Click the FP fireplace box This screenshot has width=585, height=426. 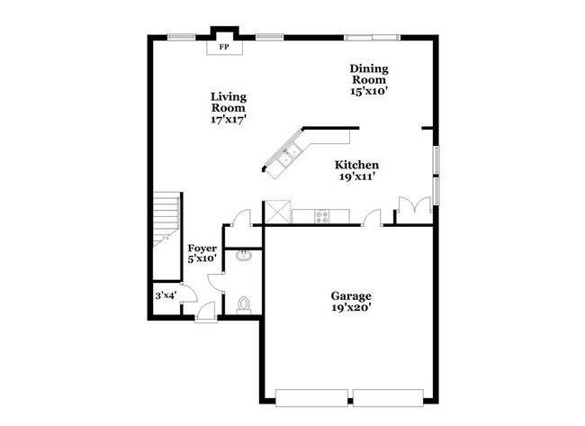tap(224, 46)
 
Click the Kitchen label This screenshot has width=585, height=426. tap(356, 165)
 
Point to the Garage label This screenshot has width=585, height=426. tap(350, 295)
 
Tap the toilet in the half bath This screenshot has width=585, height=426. tap(244, 305)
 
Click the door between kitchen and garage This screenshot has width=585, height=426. tap(373, 217)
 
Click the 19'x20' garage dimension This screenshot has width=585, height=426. tap(350, 307)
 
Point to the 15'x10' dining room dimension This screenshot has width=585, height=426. tap(369, 91)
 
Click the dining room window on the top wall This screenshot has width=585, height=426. tap(372, 37)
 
